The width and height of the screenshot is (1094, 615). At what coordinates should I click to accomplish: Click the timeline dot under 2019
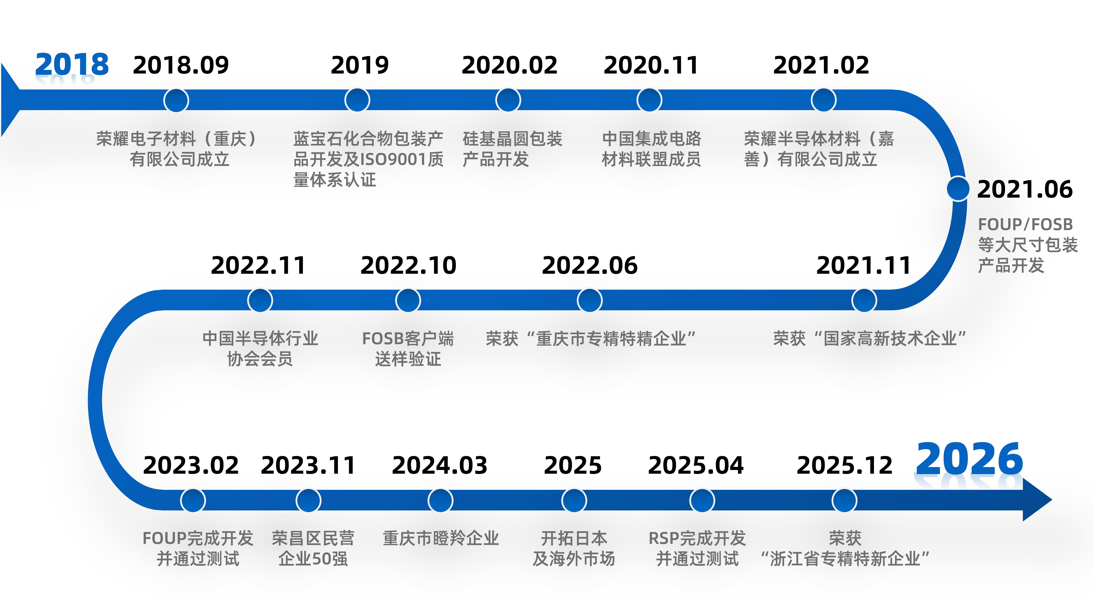tap(357, 100)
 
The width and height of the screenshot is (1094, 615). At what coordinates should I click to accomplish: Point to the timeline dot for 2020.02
tap(508, 100)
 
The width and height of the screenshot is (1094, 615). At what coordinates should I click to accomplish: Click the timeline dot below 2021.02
tap(824, 100)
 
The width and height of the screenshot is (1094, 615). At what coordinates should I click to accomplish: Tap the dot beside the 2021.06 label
tap(958, 188)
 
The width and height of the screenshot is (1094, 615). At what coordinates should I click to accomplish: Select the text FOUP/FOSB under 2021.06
tap(1025, 224)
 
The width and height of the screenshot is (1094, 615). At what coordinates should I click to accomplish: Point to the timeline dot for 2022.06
tap(590, 301)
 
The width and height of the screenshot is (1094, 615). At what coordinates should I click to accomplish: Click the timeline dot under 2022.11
tap(260, 301)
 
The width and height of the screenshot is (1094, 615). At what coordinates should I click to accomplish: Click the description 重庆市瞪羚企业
tap(441, 538)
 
